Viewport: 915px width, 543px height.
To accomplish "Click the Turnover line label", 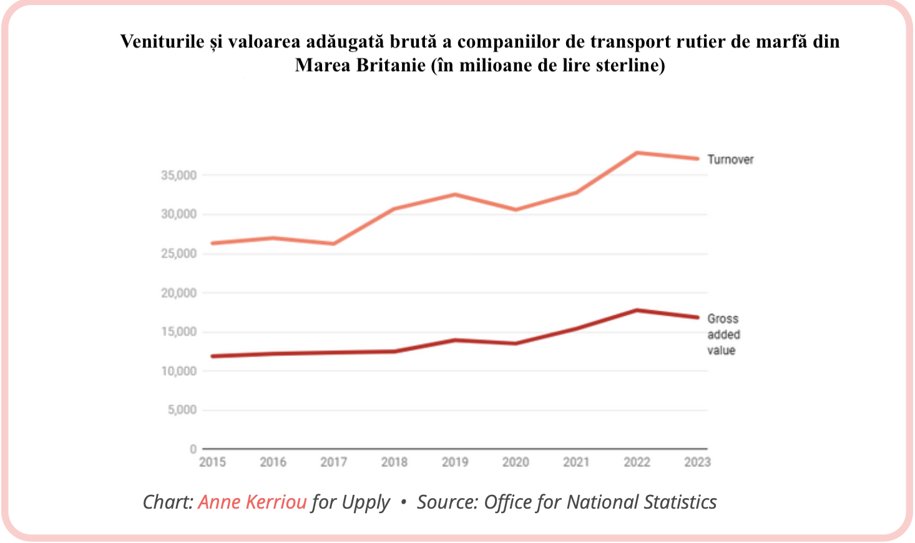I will pyautogui.click(x=730, y=160).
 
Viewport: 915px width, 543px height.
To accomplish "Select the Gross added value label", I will pyautogui.click(x=723, y=335).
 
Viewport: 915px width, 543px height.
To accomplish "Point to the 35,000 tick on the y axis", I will pyautogui.click(x=179, y=175).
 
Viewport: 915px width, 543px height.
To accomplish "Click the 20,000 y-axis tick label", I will pyautogui.click(x=179, y=293).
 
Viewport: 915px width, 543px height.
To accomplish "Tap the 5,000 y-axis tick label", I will pyautogui.click(x=182, y=410).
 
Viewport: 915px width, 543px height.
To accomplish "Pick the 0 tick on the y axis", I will pyautogui.click(x=193, y=449).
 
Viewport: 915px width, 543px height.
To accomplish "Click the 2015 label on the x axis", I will pyautogui.click(x=212, y=462).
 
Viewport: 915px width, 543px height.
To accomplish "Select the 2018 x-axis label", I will pyautogui.click(x=394, y=462).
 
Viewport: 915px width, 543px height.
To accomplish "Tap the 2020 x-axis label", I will pyautogui.click(x=516, y=462).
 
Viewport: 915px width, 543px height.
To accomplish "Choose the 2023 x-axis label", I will pyautogui.click(x=697, y=462).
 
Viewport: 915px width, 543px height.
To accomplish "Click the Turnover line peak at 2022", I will pyautogui.click(x=637, y=152).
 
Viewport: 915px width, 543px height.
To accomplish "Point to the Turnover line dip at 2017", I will pyautogui.click(x=334, y=243).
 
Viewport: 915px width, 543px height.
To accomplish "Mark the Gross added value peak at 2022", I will pyautogui.click(x=637, y=310).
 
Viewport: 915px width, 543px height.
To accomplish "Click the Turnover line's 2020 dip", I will pyautogui.click(x=516, y=210).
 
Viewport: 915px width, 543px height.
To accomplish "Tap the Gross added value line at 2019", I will pyautogui.click(x=455, y=340).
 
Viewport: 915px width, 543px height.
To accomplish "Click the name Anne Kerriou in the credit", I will pyautogui.click(x=252, y=502).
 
